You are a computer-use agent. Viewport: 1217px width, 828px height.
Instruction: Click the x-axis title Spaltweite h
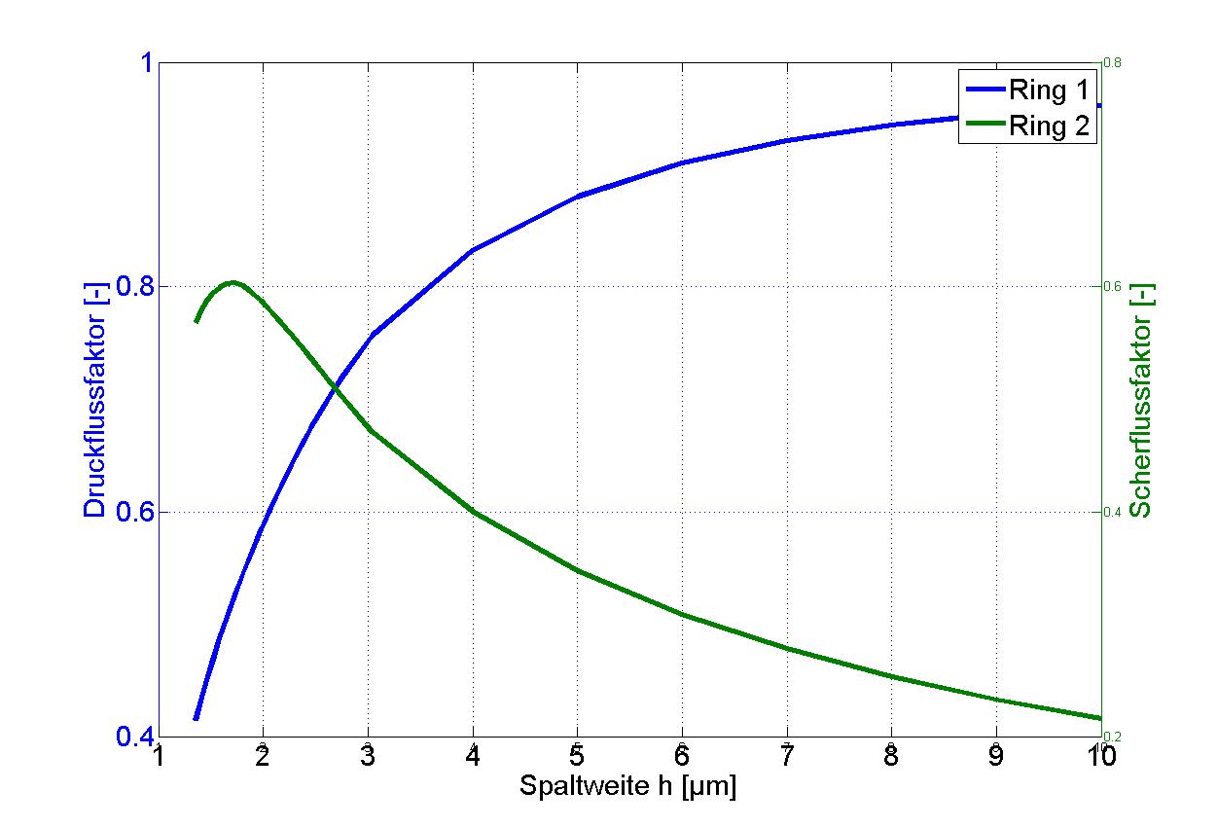click(x=627, y=785)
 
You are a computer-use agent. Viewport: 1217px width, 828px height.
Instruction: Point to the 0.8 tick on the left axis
click(x=137, y=288)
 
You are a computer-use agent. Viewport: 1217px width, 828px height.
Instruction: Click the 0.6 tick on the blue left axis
click(x=137, y=513)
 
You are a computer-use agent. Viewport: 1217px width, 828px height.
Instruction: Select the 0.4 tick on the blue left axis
click(x=137, y=737)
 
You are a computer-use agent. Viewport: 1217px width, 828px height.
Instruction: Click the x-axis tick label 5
click(x=577, y=755)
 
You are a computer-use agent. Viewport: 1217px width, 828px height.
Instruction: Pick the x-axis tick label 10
click(x=1100, y=755)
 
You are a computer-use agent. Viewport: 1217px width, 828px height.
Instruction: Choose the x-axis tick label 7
click(x=786, y=755)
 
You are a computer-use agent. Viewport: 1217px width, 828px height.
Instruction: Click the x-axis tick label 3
click(x=368, y=755)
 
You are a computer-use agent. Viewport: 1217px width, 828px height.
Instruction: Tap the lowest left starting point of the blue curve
click(x=197, y=718)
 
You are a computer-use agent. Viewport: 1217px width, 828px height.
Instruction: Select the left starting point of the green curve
click(x=197, y=321)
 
